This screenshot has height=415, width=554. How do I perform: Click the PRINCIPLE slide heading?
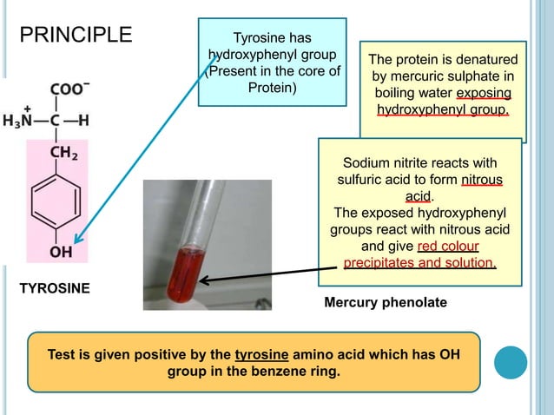tap(76, 36)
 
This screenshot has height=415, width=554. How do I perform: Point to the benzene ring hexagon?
tap(61, 202)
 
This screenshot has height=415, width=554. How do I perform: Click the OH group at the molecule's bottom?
tap(61, 253)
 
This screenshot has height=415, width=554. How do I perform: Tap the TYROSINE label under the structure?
tap(55, 287)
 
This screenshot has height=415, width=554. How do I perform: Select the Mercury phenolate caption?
tap(385, 303)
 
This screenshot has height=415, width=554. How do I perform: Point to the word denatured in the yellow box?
tap(482, 60)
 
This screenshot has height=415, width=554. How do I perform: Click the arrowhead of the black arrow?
tap(203, 280)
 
